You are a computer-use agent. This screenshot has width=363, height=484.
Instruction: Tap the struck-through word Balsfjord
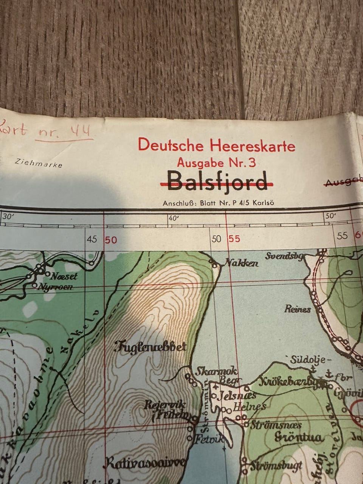point(217,181)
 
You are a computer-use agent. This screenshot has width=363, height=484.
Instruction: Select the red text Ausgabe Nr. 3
point(217,163)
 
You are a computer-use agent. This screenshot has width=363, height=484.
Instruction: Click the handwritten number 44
point(80,132)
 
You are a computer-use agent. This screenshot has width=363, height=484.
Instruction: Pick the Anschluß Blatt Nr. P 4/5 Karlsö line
point(219,203)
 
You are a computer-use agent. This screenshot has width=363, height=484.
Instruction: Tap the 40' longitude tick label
point(173,217)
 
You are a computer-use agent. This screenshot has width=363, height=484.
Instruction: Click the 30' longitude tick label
point(7,217)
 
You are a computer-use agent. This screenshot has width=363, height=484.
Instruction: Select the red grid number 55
point(234,239)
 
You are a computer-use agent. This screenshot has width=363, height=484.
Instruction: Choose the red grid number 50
point(111,240)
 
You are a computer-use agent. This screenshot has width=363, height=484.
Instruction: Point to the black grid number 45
point(92,239)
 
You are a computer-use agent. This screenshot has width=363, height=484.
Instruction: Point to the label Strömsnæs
point(276,425)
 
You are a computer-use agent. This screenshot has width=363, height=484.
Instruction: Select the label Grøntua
point(299,437)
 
